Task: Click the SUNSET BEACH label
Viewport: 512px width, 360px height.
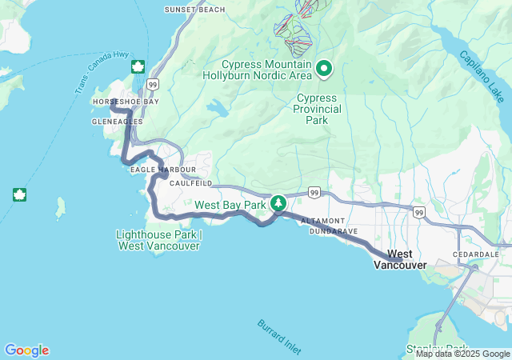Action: (x=194, y=10)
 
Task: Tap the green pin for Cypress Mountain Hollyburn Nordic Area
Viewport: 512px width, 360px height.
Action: (x=324, y=70)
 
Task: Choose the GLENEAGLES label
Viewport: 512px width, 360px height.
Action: (x=117, y=122)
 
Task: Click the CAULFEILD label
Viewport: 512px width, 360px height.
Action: (x=190, y=183)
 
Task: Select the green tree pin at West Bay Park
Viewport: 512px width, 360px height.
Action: (x=278, y=203)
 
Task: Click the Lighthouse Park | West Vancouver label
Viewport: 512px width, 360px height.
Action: (x=159, y=240)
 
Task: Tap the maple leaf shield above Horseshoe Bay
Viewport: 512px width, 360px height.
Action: (x=137, y=66)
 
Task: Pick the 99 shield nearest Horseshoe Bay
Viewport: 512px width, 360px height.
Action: (x=152, y=83)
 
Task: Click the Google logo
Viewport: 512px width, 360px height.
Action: (x=26, y=350)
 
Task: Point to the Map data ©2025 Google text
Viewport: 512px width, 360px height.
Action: (x=462, y=354)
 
